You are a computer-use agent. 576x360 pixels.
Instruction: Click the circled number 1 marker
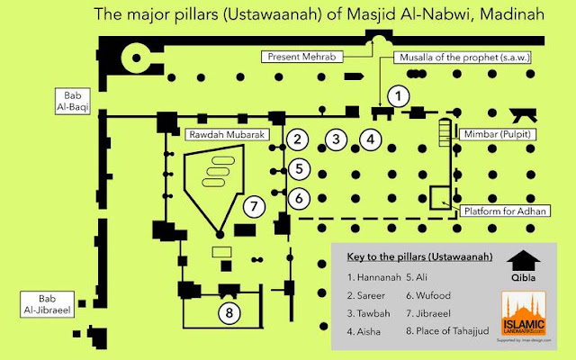click(x=399, y=94)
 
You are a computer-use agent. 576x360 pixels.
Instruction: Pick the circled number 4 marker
click(x=370, y=139)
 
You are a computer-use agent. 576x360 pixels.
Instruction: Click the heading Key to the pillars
click(x=418, y=257)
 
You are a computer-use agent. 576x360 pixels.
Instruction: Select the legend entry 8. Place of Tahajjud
click(x=447, y=330)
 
